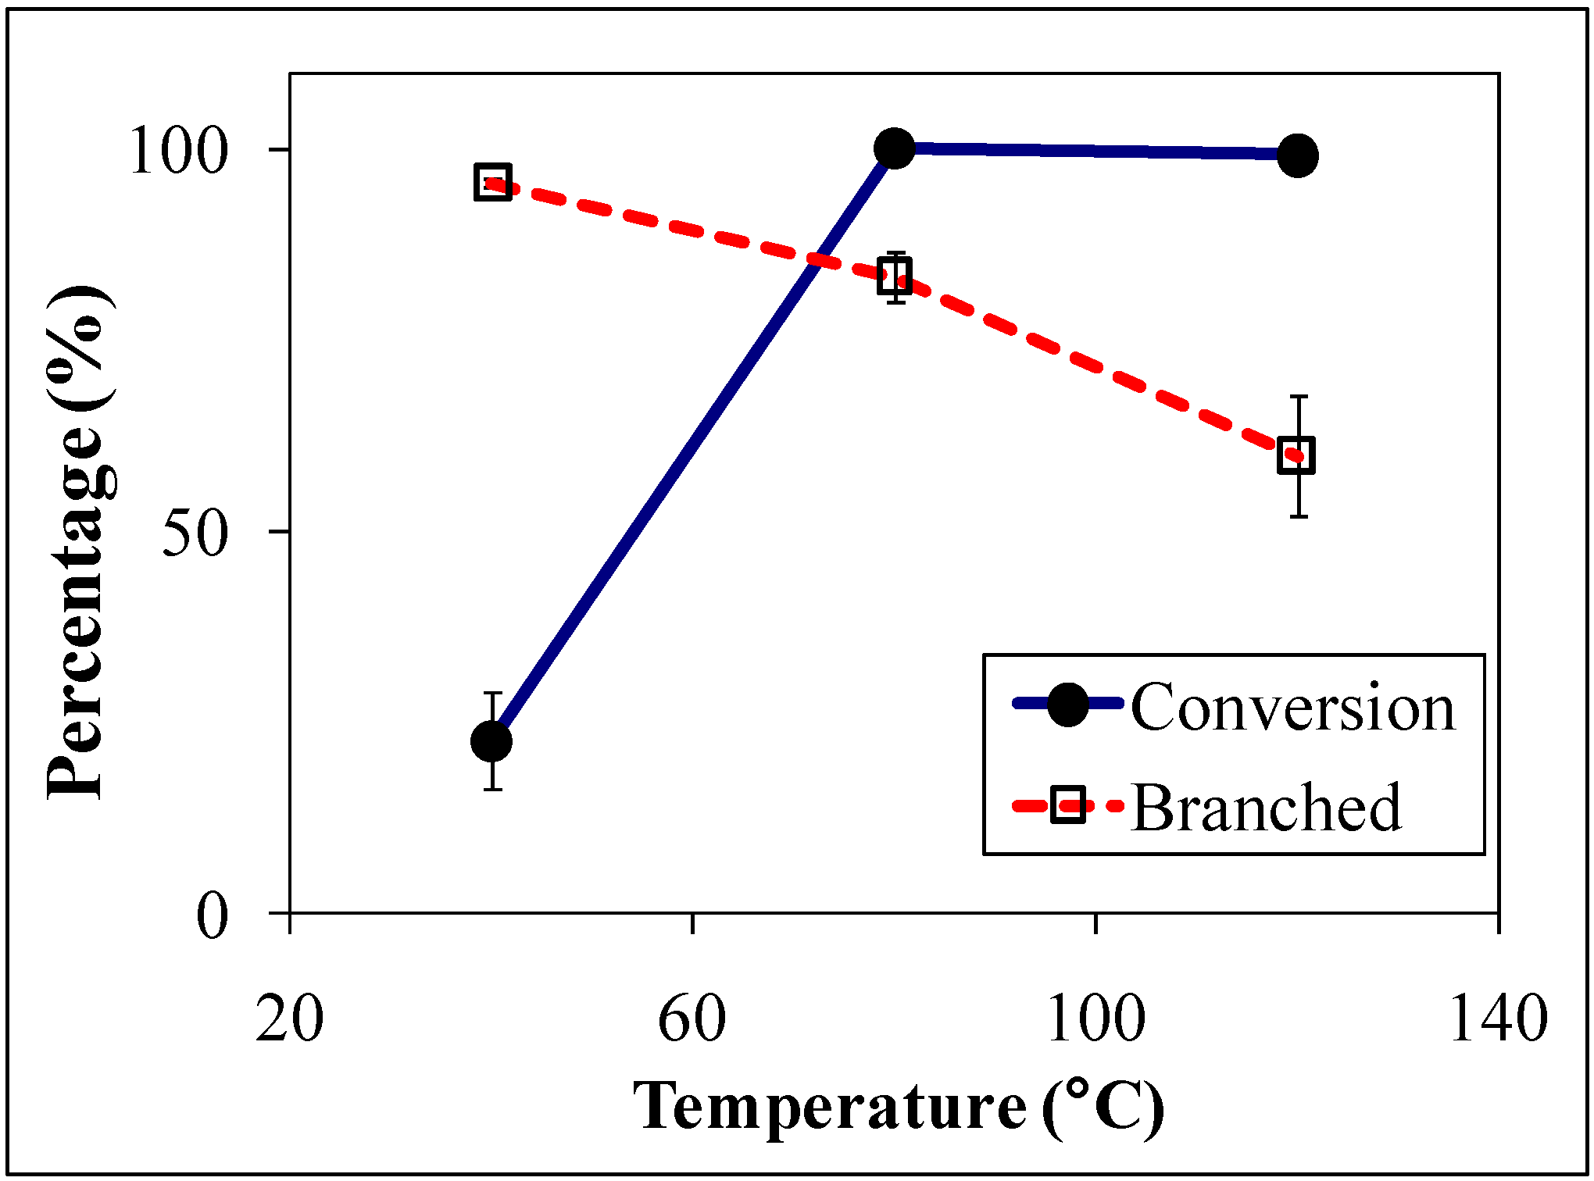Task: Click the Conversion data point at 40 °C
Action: pyautogui.click(x=491, y=740)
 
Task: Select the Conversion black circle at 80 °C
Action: pyautogui.click(x=895, y=148)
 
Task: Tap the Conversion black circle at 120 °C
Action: pyautogui.click(x=1298, y=155)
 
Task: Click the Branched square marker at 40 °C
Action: pyautogui.click(x=492, y=182)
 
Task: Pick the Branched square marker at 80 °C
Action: pyautogui.click(x=895, y=277)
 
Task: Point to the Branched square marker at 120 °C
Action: pyautogui.click(x=1296, y=455)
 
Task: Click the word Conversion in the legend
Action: pyautogui.click(x=1293, y=708)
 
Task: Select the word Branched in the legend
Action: pyautogui.click(x=1266, y=808)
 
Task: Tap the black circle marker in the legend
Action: pyautogui.click(x=1067, y=704)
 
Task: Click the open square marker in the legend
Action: pyautogui.click(x=1067, y=805)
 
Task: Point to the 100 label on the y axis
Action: pyautogui.click(x=179, y=150)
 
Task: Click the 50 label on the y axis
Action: pyautogui.click(x=195, y=534)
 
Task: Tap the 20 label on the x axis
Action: pyautogui.click(x=289, y=1019)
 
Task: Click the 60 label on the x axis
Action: pyautogui.click(x=692, y=1019)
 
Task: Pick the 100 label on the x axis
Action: pyautogui.click(x=1095, y=1019)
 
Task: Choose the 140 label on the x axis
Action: pyautogui.click(x=1498, y=1019)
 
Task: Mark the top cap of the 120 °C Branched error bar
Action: pyautogui.click(x=1299, y=397)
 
